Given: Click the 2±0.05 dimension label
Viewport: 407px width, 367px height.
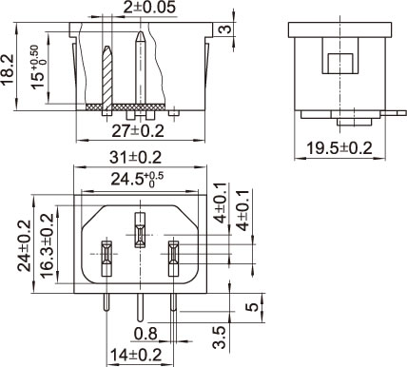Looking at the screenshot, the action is [x=149, y=7].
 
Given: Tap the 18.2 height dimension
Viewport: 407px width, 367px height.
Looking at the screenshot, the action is [x=8, y=69].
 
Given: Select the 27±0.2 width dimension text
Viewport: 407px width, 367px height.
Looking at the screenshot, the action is [x=138, y=131].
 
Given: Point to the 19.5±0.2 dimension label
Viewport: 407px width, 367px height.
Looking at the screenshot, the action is [x=339, y=148].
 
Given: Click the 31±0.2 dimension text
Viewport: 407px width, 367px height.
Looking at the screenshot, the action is [x=136, y=158].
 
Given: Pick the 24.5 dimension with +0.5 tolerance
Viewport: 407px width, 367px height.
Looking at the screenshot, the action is [x=137, y=180].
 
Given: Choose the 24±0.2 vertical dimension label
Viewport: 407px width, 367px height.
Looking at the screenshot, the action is [x=25, y=245].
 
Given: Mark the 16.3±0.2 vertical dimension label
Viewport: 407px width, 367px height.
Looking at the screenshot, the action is [x=48, y=245].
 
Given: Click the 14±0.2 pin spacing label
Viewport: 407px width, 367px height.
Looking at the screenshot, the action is [x=136, y=355].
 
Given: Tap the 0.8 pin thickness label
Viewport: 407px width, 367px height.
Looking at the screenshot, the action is [x=145, y=334].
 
